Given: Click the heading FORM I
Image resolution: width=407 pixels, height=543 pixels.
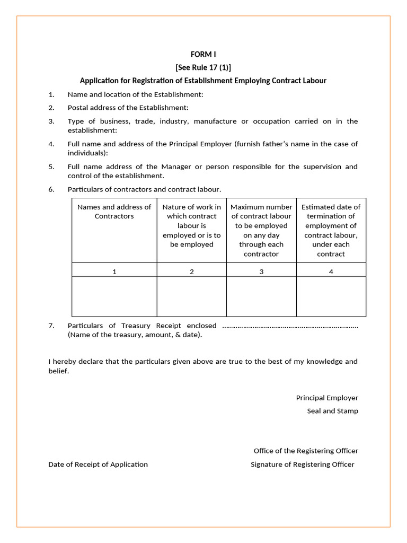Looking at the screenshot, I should pyautogui.click(x=203, y=54).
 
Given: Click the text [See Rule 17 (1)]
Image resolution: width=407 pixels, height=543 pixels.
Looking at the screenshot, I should pyautogui.click(x=203, y=67).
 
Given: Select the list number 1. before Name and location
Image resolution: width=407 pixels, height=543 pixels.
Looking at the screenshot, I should pyautogui.click(x=51, y=94).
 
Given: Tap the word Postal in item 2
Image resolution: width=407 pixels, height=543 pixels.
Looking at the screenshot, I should pyautogui.click(x=78, y=108).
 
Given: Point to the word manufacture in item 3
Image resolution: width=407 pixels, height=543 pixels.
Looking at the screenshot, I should pyautogui.click(x=215, y=121).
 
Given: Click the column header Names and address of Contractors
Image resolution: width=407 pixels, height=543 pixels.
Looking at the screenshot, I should pyautogui.click(x=114, y=212).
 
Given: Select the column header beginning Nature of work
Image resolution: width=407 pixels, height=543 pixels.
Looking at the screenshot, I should pyautogui.click(x=191, y=225).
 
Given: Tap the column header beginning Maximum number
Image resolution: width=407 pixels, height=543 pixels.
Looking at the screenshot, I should pyautogui.click(x=261, y=230).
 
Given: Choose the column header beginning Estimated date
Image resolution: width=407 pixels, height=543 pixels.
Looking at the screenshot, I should pyautogui.click(x=331, y=230).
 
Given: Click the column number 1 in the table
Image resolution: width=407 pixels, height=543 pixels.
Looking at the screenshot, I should pyautogui.click(x=114, y=271).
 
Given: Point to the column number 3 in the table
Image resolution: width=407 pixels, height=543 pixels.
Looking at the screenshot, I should pyautogui.click(x=261, y=271).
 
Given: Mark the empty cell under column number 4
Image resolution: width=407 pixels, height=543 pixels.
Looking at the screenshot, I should pyautogui.click(x=331, y=296).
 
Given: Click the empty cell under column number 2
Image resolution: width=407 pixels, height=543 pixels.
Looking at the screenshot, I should pyautogui.click(x=191, y=296).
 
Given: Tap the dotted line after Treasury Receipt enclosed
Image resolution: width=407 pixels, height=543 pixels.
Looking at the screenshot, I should pyautogui.click(x=290, y=326).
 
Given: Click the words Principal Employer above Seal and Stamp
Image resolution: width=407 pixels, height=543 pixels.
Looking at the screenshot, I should pyautogui.click(x=327, y=398).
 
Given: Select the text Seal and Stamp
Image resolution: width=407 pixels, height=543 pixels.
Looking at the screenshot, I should pyautogui.click(x=332, y=411).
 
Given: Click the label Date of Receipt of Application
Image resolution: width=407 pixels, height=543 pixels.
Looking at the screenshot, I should pyautogui.click(x=98, y=465).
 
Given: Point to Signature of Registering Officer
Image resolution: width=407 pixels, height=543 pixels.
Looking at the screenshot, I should pyautogui.click(x=302, y=465).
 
